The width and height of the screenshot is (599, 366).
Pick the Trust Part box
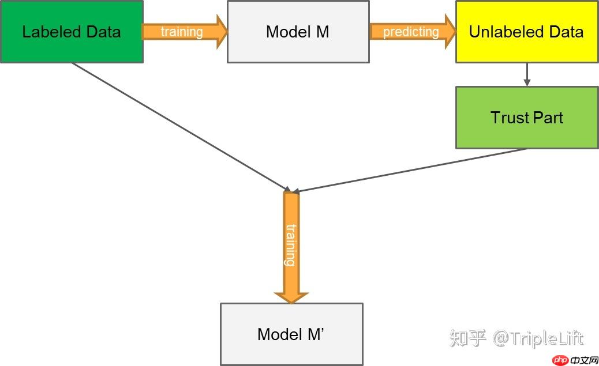click(526, 118)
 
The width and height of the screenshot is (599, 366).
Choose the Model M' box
click(291, 334)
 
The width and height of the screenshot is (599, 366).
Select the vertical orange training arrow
click(291, 248)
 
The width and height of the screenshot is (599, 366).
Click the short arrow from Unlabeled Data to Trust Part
click(526, 74)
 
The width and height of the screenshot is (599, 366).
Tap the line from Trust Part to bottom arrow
click(410, 170)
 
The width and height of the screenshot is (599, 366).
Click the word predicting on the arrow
click(410, 32)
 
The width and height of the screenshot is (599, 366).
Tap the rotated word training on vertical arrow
click(290, 245)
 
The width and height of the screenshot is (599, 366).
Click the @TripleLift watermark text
click(538, 338)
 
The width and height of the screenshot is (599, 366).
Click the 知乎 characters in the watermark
click(468, 338)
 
